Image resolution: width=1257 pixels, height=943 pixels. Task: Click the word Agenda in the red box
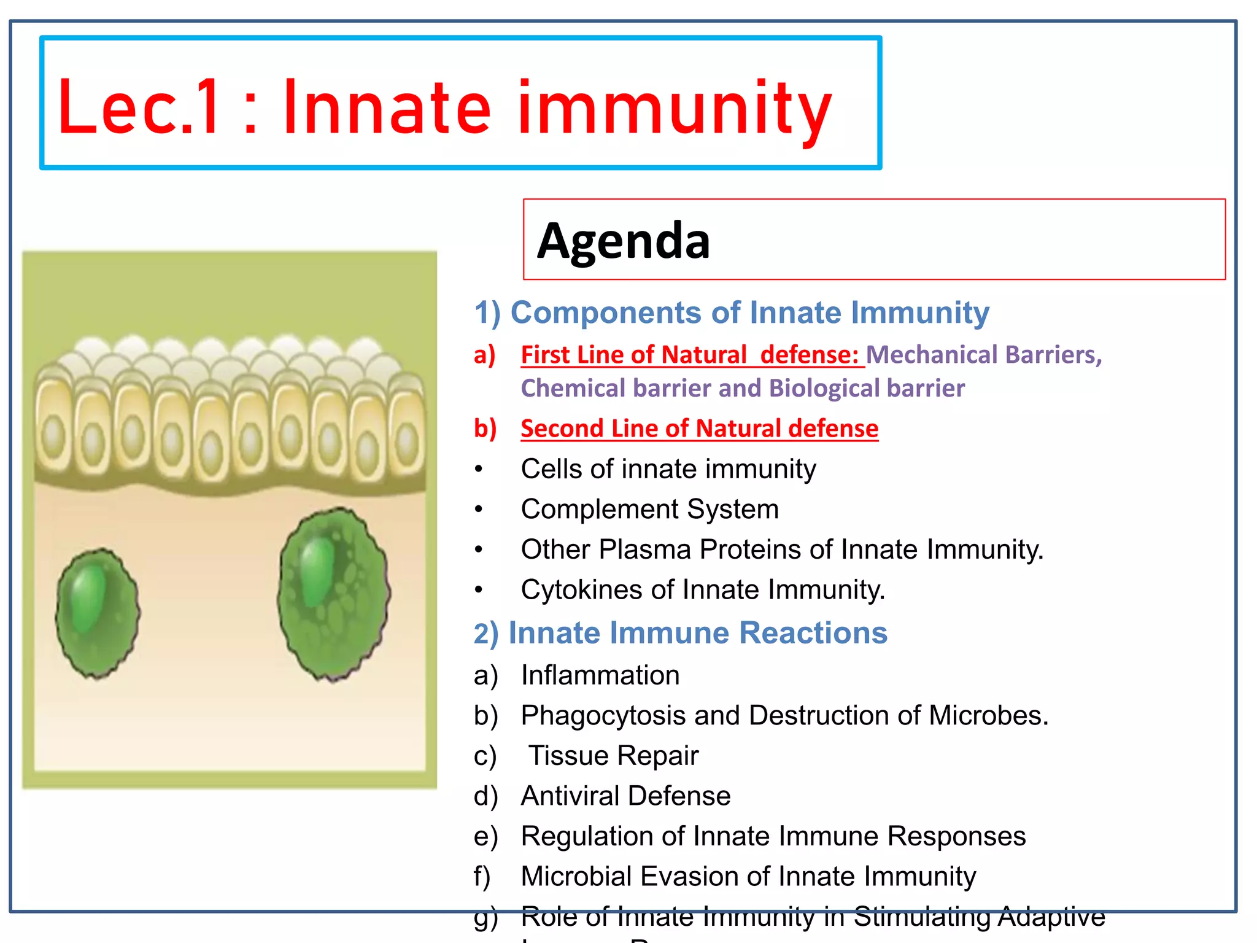click(x=623, y=241)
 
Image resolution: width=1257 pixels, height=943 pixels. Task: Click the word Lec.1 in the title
click(x=138, y=108)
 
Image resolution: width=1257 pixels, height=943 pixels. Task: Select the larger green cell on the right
click(x=333, y=593)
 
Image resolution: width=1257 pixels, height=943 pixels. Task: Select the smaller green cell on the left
click(x=97, y=613)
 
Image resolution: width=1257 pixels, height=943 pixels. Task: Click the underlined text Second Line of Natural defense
click(x=699, y=428)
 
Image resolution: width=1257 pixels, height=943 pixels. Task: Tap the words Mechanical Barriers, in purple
click(x=983, y=355)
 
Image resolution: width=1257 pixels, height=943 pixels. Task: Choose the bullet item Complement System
click(x=649, y=509)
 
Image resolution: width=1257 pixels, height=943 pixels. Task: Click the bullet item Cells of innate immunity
click(x=668, y=469)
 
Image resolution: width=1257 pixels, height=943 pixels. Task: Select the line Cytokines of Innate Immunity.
click(x=702, y=590)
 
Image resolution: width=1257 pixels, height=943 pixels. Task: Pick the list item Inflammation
click(x=600, y=675)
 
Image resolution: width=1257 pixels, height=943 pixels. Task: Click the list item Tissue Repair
click(x=613, y=756)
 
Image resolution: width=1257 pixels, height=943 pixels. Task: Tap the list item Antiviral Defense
click(x=625, y=796)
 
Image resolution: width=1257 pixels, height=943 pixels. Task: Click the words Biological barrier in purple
click(x=866, y=389)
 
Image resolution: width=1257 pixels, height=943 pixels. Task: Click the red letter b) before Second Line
click(x=485, y=428)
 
